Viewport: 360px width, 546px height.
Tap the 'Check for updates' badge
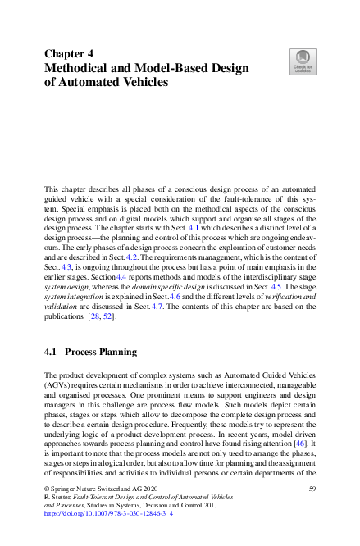coord(302,60)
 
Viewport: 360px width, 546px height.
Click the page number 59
coord(312,489)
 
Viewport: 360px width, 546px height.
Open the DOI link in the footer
coord(98,516)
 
